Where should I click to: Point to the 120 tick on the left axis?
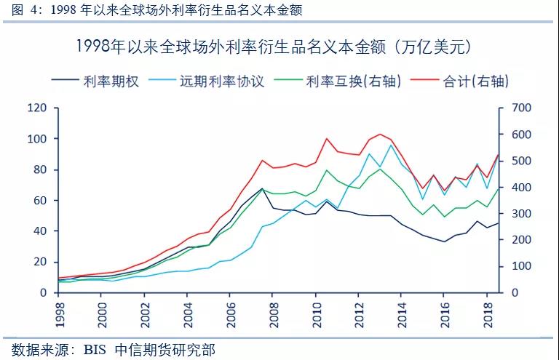click(37, 108)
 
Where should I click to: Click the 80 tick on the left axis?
click(40, 170)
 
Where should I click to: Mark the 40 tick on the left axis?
click(40, 231)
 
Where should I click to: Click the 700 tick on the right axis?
click(522, 108)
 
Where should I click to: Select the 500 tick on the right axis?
click(522, 161)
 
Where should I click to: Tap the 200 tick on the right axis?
click(522, 240)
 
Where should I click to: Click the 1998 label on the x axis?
click(60, 317)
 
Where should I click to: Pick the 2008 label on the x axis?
click(272, 317)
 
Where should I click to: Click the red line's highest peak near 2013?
click(381, 134)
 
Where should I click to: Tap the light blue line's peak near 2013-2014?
click(391, 145)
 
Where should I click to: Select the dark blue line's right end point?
click(499, 223)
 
